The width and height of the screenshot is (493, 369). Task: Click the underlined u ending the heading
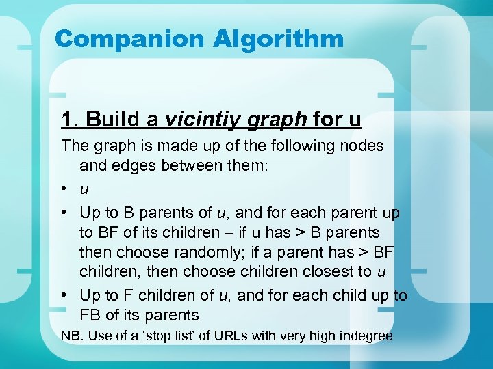[x=355, y=120]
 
